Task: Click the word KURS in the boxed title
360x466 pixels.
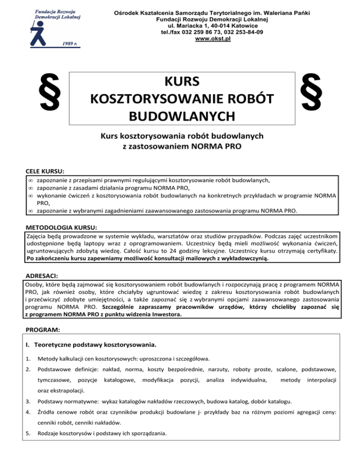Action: pos(182,82)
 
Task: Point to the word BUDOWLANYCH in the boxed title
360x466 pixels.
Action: pos(182,115)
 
